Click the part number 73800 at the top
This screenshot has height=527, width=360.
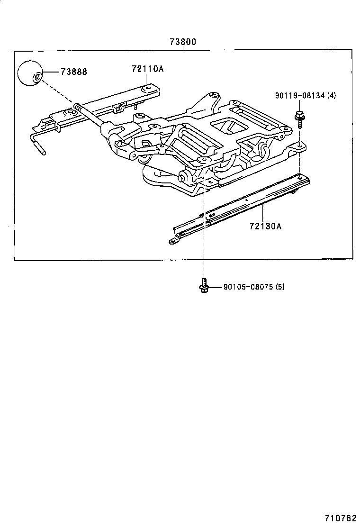pos(182,42)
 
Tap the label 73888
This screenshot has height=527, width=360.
pos(73,72)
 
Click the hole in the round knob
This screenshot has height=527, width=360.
pos(37,76)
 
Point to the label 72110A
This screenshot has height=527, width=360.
pos(147,69)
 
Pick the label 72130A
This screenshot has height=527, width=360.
pos(265,226)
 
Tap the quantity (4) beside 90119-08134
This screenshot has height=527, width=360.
pos(332,95)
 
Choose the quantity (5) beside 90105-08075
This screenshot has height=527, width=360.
pos(279,287)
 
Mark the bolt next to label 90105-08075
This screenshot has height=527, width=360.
pos(203,286)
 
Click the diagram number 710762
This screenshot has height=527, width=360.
pos(340,518)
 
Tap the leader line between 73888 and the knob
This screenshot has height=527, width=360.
pos(51,72)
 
